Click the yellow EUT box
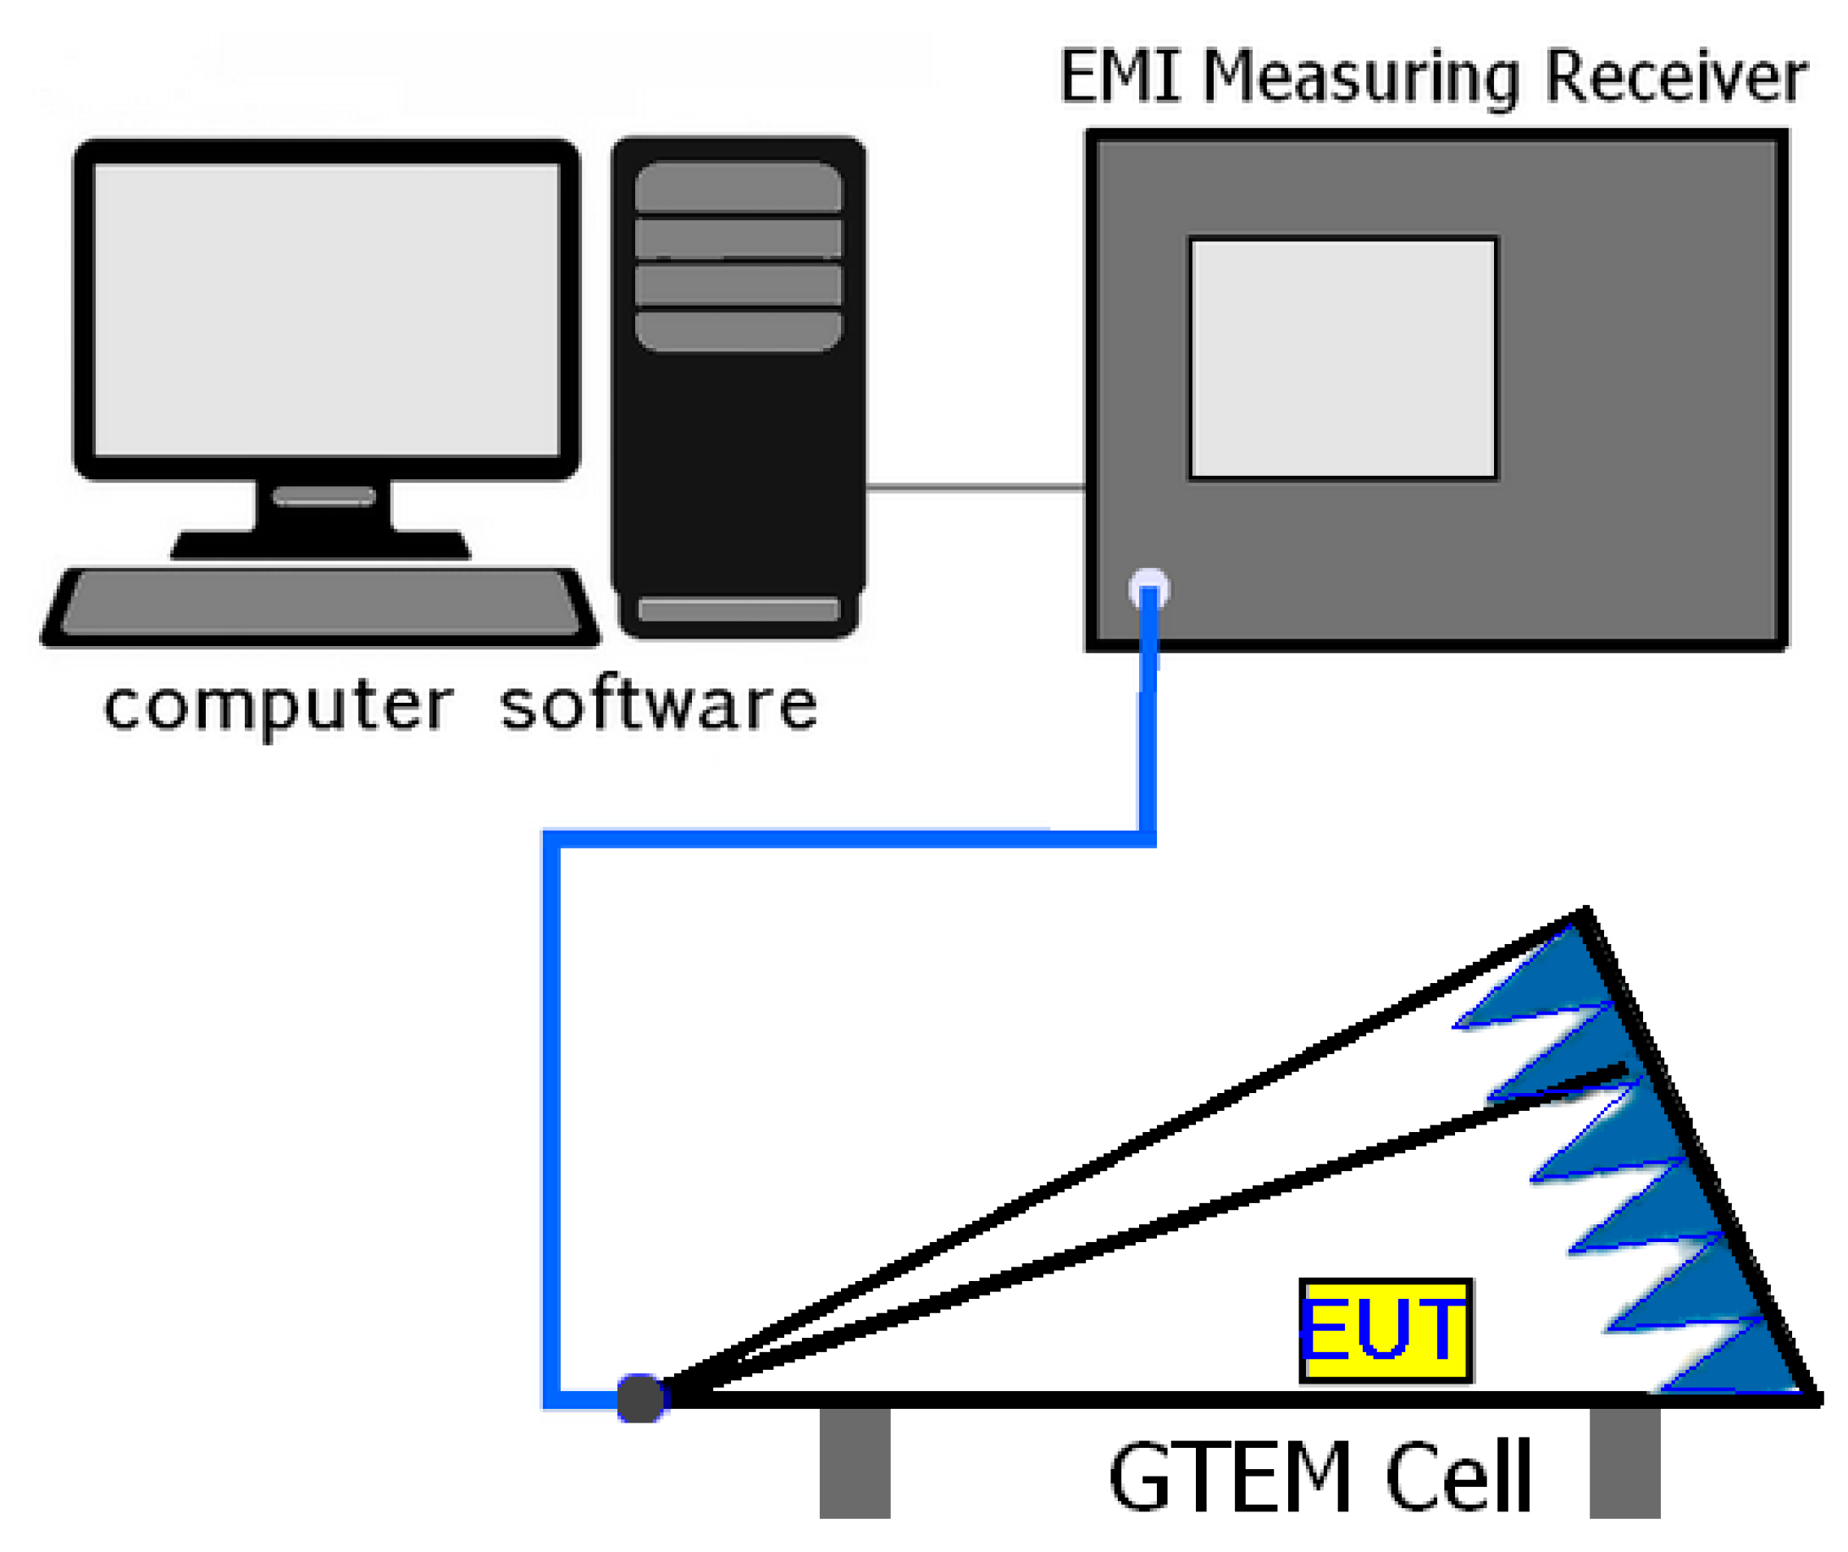pos(1385,1330)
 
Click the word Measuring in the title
pos(1360,80)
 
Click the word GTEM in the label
pos(1227,1478)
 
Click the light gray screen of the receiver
pos(1342,358)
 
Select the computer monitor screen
pos(326,310)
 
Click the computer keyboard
pos(321,603)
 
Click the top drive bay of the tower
pos(738,185)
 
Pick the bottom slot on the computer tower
pos(739,609)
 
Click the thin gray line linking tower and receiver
pos(975,486)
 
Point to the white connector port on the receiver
pos(1148,588)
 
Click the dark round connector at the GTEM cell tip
pos(639,1398)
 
